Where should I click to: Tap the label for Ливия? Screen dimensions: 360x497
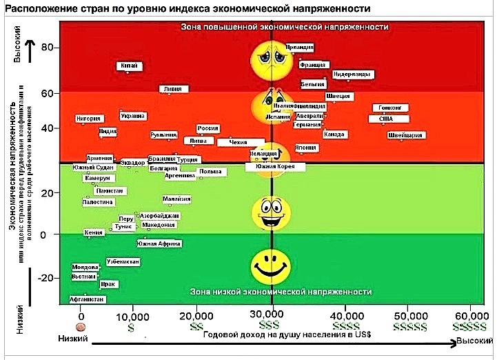(173, 89)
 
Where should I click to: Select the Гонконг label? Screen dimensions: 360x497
(391, 108)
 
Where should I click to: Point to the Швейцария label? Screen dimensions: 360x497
(405, 136)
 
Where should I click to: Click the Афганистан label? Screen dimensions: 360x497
(87, 299)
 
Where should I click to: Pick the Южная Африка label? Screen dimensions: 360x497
(159, 243)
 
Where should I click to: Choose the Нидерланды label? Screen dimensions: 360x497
(354, 74)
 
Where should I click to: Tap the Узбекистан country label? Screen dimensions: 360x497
(124, 262)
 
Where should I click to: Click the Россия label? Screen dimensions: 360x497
(207, 128)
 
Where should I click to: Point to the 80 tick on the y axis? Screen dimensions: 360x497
(47, 48)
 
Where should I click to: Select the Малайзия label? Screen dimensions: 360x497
(176, 199)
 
